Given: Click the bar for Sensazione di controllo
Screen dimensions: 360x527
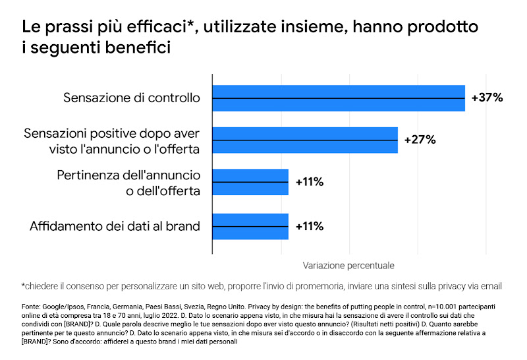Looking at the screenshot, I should pyautogui.click(x=338, y=98).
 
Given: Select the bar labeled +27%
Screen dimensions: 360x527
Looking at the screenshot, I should pyautogui.click(x=304, y=140).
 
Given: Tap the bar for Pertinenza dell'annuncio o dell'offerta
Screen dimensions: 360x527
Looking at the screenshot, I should pyautogui.click(x=250, y=182).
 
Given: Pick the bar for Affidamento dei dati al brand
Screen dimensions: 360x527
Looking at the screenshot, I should pyautogui.click(x=250, y=226).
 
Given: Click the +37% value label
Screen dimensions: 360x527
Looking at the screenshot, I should pyautogui.click(x=487, y=98).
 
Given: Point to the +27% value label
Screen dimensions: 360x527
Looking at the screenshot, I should pyautogui.click(x=420, y=140).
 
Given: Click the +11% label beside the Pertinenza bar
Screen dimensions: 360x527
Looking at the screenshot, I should pyautogui.click(x=310, y=182).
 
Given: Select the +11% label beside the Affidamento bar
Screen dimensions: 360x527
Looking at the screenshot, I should pyautogui.click(x=310, y=226).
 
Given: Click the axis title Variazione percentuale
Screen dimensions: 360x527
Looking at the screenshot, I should pyautogui.click(x=348, y=266).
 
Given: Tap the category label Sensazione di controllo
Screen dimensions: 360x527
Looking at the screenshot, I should pyautogui.click(x=131, y=98).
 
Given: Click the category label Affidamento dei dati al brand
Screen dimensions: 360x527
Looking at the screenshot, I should pyautogui.click(x=115, y=226).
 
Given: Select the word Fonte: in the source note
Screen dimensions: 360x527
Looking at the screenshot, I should pyautogui.click(x=32, y=307).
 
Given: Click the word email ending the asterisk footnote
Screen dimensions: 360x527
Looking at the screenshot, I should pyautogui.click(x=491, y=286).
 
